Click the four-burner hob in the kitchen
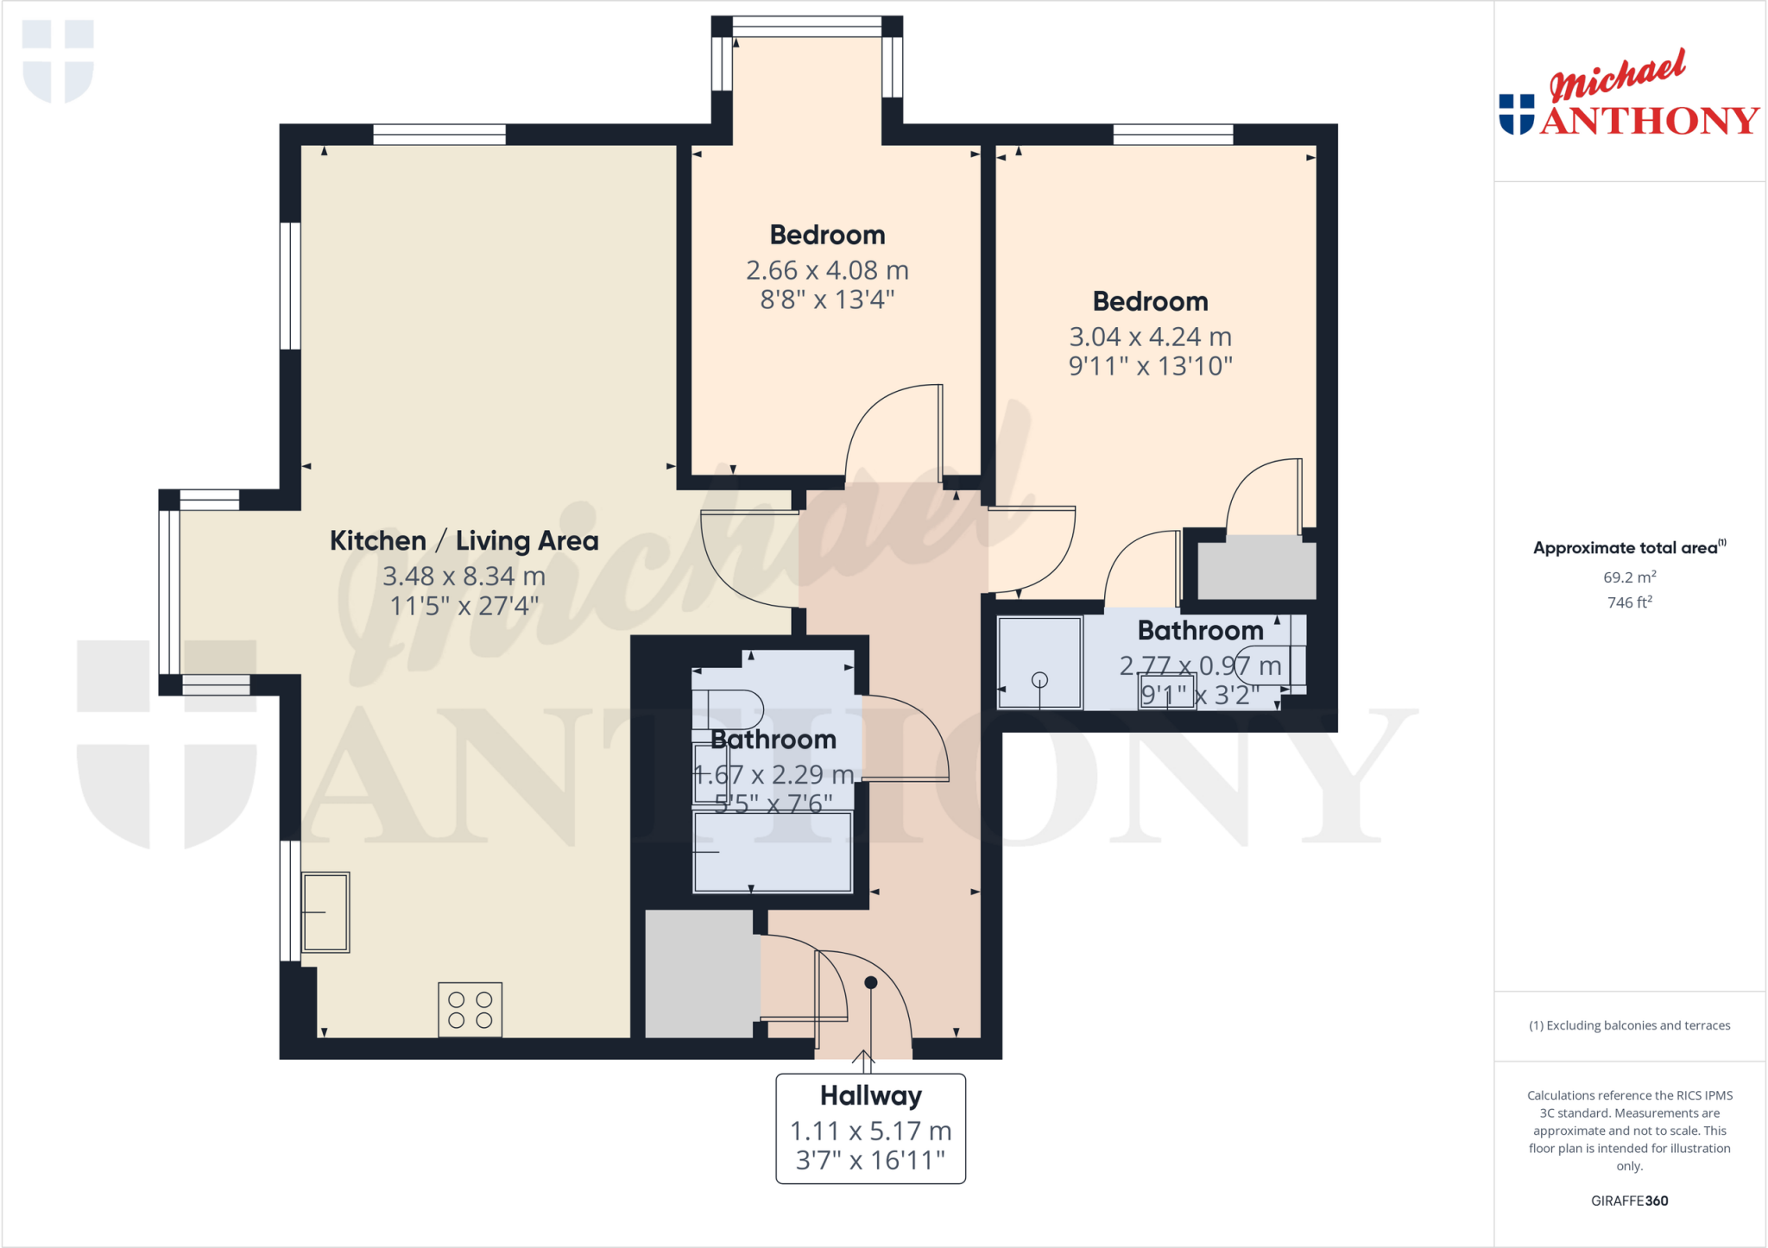click(470, 1009)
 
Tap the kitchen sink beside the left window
click(325, 912)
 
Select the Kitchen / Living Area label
click(464, 541)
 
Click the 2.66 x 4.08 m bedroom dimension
click(827, 270)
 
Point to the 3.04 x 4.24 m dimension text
click(1150, 337)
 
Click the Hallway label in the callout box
click(870, 1095)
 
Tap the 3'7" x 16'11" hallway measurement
click(870, 1160)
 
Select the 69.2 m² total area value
click(1629, 577)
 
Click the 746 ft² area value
click(1629, 602)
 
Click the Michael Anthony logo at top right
click(1628, 95)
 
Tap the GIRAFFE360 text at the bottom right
click(1629, 1201)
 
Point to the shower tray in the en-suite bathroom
click(1039, 663)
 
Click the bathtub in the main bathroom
click(773, 852)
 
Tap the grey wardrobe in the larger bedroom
click(1257, 570)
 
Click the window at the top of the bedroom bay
click(807, 27)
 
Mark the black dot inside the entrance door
click(870, 982)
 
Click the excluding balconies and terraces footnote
click(1629, 1025)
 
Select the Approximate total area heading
click(1626, 548)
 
